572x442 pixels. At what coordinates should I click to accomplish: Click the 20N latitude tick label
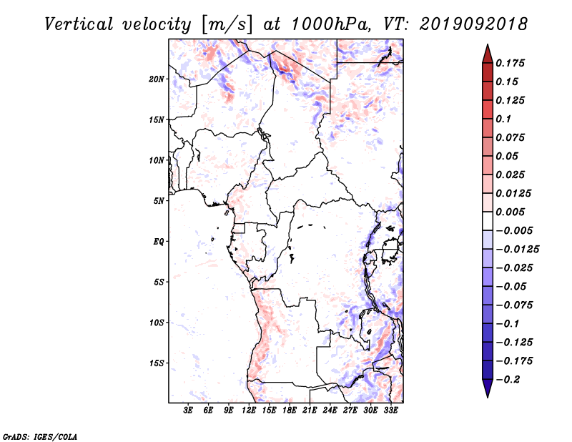coord(157,79)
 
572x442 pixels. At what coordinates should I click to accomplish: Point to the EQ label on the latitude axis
coord(159,242)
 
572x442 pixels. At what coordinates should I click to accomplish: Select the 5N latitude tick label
coord(159,201)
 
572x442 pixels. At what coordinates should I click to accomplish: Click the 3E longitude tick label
coord(188,411)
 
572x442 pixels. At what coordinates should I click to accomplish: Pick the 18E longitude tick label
coord(290,411)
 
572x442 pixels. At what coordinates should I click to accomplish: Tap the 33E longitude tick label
coord(390,411)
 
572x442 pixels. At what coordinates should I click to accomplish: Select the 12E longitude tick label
coord(249,411)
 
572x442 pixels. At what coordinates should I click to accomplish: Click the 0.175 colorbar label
coord(510,63)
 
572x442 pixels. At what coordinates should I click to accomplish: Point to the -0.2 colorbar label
coord(508,380)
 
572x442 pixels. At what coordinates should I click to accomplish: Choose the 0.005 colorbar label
coord(510,212)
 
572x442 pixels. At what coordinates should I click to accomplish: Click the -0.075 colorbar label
coord(514,305)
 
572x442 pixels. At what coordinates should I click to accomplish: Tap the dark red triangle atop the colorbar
coord(488,55)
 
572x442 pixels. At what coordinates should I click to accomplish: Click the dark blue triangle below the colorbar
coord(488,388)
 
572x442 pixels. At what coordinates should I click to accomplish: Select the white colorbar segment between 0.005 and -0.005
coord(488,221)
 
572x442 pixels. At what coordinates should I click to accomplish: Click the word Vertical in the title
coord(79,24)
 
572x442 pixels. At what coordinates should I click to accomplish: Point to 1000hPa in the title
coord(331,24)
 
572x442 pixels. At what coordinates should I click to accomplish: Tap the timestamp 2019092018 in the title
coord(473,24)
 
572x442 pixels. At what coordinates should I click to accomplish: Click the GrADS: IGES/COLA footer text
coord(40,437)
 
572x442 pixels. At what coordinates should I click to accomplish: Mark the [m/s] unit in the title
coord(227,25)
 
